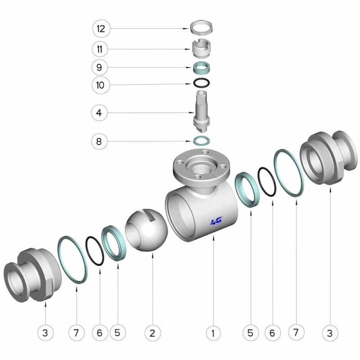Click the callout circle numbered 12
tap(101, 29)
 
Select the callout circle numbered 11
tap(100, 49)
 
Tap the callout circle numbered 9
tap(99, 67)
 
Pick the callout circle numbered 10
tap(100, 85)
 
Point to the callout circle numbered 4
tap(99, 113)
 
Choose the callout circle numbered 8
tap(99, 141)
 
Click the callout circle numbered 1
tap(213, 333)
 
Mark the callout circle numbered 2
tap(153, 333)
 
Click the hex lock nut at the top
tap(202, 27)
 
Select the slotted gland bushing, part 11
tap(201, 49)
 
